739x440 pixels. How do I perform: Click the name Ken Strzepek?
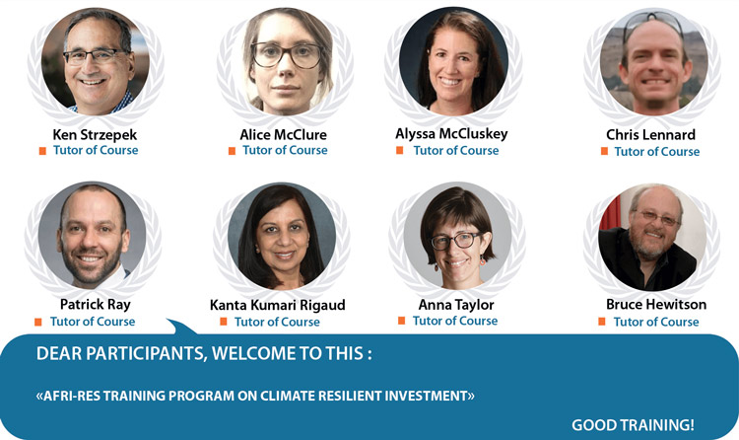click(95, 135)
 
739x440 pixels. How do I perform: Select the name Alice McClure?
click(283, 135)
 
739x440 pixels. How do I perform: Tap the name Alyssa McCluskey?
click(451, 134)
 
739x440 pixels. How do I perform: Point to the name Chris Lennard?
click(651, 135)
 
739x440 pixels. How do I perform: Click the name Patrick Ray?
click(96, 305)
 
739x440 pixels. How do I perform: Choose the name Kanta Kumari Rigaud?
click(278, 305)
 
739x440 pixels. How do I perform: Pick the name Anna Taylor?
click(456, 305)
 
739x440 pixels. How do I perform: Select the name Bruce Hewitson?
click(656, 305)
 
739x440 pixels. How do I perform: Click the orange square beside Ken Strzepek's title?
click(42, 151)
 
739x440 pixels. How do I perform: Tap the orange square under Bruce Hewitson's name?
click(602, 322)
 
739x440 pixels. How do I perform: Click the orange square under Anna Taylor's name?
click(402, 321)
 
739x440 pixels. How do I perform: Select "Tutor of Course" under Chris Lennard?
click(657, 152)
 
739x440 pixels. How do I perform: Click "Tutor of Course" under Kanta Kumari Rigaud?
click(277, 322)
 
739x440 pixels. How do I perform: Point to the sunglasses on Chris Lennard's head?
click(653, 23)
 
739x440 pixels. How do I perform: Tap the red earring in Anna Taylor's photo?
click(483, 260)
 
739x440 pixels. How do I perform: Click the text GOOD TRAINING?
click(633, 425)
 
